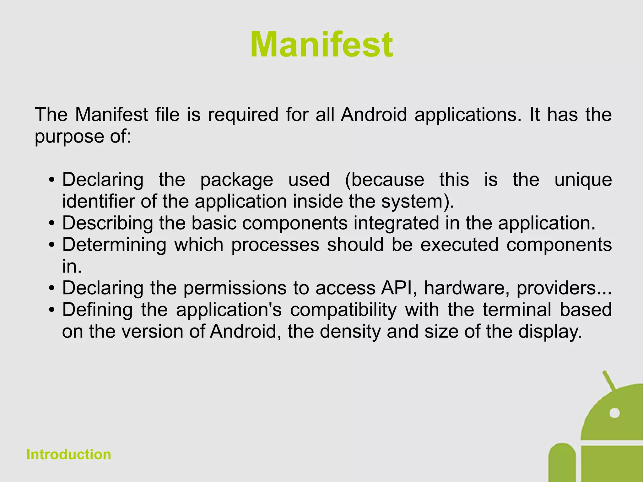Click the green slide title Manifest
[x=321, y=45]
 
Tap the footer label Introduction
[x=69, y=454]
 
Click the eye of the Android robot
[x=614, y=413]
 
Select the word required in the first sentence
[x=243, y=115]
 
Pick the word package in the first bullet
[x=237, y=180]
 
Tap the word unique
[x=583, y=180]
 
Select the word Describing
[x=108, y=223]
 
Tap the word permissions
[x=235, y=288]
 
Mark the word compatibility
[x=343, y=310]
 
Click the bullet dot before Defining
[x=52, y=310]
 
